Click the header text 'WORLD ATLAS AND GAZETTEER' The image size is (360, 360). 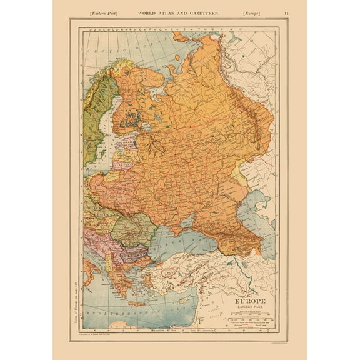[x=178, y=12]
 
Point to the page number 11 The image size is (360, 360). [x=286, y=12]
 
